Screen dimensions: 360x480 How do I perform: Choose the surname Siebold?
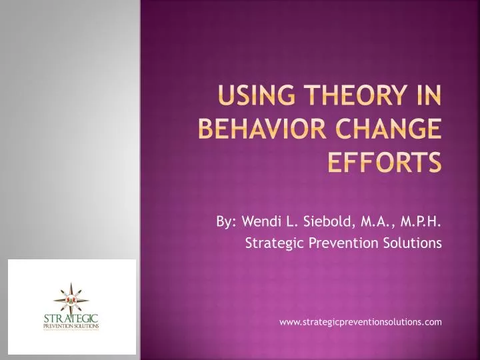coord(325,221)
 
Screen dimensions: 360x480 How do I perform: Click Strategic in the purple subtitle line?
coord(270,244)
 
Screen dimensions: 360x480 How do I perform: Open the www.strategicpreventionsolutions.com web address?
coord(360,322)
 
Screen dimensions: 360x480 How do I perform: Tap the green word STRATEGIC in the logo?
coord(71,318)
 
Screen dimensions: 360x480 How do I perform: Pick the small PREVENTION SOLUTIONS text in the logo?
coord(71,326)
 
